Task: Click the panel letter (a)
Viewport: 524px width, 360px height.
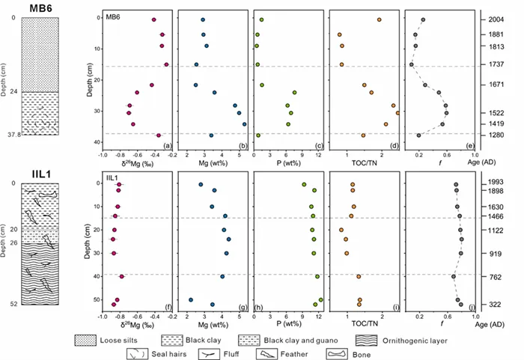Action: point(168,144)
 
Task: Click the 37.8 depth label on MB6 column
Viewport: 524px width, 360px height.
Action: point(10,135)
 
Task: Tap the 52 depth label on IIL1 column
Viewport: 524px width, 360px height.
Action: point(13,305)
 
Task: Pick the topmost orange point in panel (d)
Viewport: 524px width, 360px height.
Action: point(380,19)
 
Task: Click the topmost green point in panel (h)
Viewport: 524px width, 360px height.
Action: point(304,184)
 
